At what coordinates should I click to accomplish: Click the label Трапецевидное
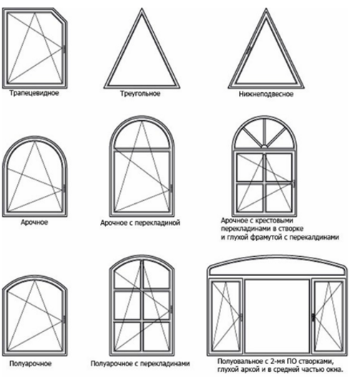pyautogui.click(x=34, y=93)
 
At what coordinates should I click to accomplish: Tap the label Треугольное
pyautogui.click(x=140, y=94)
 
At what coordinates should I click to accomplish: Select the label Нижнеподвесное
pyautogui.click(x=266, y=94)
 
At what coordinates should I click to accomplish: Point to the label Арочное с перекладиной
pyautogui.click(x=140, y=223)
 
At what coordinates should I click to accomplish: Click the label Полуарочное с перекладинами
pyautogui.click(x=140, y=363)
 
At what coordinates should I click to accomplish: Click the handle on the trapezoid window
pyautogui.click(x=64, y=49)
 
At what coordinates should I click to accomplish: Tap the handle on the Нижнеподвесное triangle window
pyautogui.click(x=248, y=50)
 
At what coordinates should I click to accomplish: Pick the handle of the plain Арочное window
pyautogui.click(x=64, y=189)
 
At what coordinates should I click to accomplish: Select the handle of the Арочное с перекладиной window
pyautogui.click(x=171, y=189)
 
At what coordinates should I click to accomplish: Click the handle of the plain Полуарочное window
pyautogui.click(x=64, y=320)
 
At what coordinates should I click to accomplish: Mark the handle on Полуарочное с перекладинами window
pyautogui.click(x=171, y=309)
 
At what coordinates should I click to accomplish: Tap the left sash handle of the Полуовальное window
pyautogui.click(x=241, y=317)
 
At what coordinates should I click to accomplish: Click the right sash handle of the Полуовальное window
pyautogui.click(x=313, y=317)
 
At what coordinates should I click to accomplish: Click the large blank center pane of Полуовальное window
pyautogui.click(x=278, y=315)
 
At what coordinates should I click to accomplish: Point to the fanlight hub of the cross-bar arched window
pyautogui.click(x=265, y=147)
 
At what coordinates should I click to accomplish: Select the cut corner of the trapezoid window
pyautogui.click(x=59, y=15)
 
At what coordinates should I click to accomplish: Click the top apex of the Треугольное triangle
pyautogui.click(x=142, y=9)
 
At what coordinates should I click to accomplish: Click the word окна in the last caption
pyautogui.click(x=334, y=369)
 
